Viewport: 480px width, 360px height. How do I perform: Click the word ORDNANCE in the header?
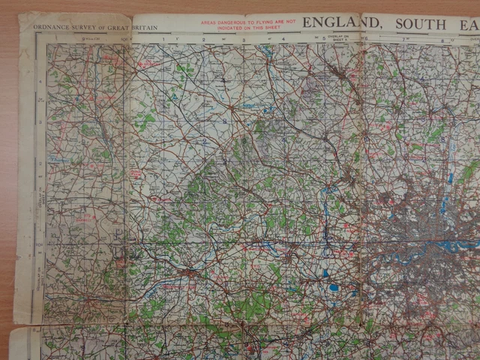tap(49, 28)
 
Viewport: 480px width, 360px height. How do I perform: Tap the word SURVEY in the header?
tap(78, 28)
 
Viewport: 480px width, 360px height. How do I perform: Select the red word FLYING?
tap(264, 22)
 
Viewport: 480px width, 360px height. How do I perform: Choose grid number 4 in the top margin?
tap(283, 38)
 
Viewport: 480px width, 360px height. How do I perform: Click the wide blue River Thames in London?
tap(450, 245)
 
